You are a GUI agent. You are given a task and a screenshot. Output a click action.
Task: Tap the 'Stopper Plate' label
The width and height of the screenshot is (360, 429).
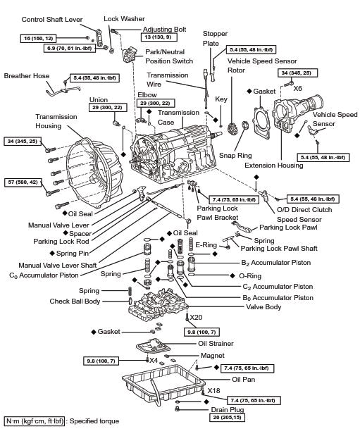click(215, 38)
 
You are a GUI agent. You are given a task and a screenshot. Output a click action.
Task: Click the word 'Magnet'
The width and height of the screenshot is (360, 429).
click(212, 356)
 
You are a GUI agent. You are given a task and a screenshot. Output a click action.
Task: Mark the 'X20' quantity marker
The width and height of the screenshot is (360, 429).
click(197, 317)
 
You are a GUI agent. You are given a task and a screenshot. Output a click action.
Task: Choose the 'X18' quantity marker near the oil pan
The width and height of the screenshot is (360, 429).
click(214, 390)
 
